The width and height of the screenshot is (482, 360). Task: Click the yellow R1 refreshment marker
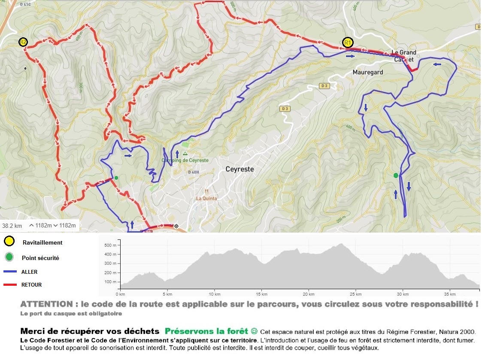(x=348, y=42)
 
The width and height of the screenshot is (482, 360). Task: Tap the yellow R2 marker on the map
(x=23, y=42)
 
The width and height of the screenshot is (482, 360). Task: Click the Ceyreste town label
(x=239, y=169)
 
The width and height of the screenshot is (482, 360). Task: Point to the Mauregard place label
(x=367, y=73)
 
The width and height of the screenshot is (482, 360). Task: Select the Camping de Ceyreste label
(x=185, y=160)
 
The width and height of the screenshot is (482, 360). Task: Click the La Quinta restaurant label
(x=206, y=198)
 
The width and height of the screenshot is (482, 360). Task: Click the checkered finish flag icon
(x=176, y=225)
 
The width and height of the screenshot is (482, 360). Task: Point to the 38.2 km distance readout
(x=12, y=226)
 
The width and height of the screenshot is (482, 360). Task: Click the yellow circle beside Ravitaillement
(x=9, y=242)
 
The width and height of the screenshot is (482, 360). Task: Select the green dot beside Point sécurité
(x=9, y=258)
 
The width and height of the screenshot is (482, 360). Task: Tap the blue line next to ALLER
(x=10, y=272)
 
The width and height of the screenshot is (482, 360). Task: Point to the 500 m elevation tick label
(x=110, y=245)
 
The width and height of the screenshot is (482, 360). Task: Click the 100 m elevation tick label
(x=110, y=282)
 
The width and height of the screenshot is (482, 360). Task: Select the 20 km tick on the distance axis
(x=308, y=294)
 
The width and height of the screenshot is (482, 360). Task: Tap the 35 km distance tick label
(x=449, y=294)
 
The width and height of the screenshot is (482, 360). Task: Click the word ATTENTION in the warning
(x=46, y=304)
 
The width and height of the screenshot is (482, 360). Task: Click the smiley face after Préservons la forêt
(x=254, y=331)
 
